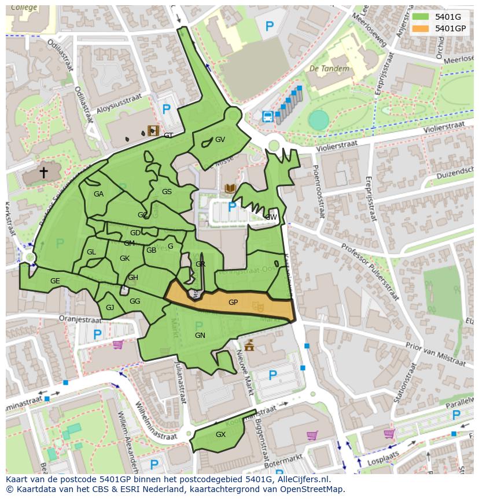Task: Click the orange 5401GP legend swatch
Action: click(421, 28)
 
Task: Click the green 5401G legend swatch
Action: click(421, 17)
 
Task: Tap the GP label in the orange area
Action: click(233, 303)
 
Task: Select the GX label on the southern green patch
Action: click(220, 435)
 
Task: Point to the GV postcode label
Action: click(220, 140)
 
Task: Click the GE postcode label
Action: click(55, 281)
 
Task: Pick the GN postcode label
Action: click(200, 336)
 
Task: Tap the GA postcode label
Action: click(98, 194)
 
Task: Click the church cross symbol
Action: click(43, 172)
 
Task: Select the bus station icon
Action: click(268, 116)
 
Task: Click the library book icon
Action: click(230, 188)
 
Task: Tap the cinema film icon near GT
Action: click(153, 130)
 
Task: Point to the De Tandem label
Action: click(329, 68)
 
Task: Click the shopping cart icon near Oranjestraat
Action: click(117, 345)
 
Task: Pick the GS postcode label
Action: click(167, 192)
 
